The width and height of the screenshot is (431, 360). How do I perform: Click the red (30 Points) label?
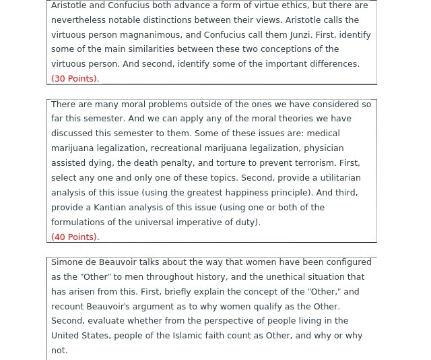75,79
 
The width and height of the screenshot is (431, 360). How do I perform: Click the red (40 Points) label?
75,237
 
